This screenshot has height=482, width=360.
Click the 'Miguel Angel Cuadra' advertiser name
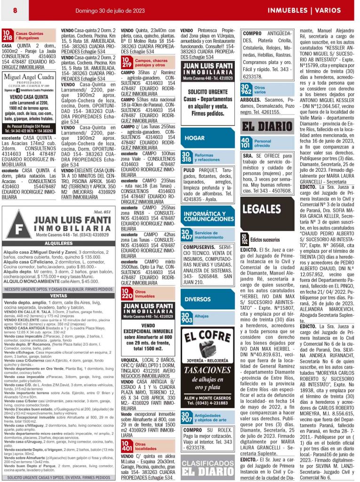coord(32,77)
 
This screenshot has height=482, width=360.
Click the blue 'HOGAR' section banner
coord(195,138)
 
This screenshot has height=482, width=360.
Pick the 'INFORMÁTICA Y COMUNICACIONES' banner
coord(208,216)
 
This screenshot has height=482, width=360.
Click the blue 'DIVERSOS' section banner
coord(198,299)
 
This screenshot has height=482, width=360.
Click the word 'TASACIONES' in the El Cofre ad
coord(208,370)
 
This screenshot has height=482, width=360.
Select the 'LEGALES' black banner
coord(262,209)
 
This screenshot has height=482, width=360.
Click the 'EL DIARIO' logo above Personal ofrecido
coord(267,126)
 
